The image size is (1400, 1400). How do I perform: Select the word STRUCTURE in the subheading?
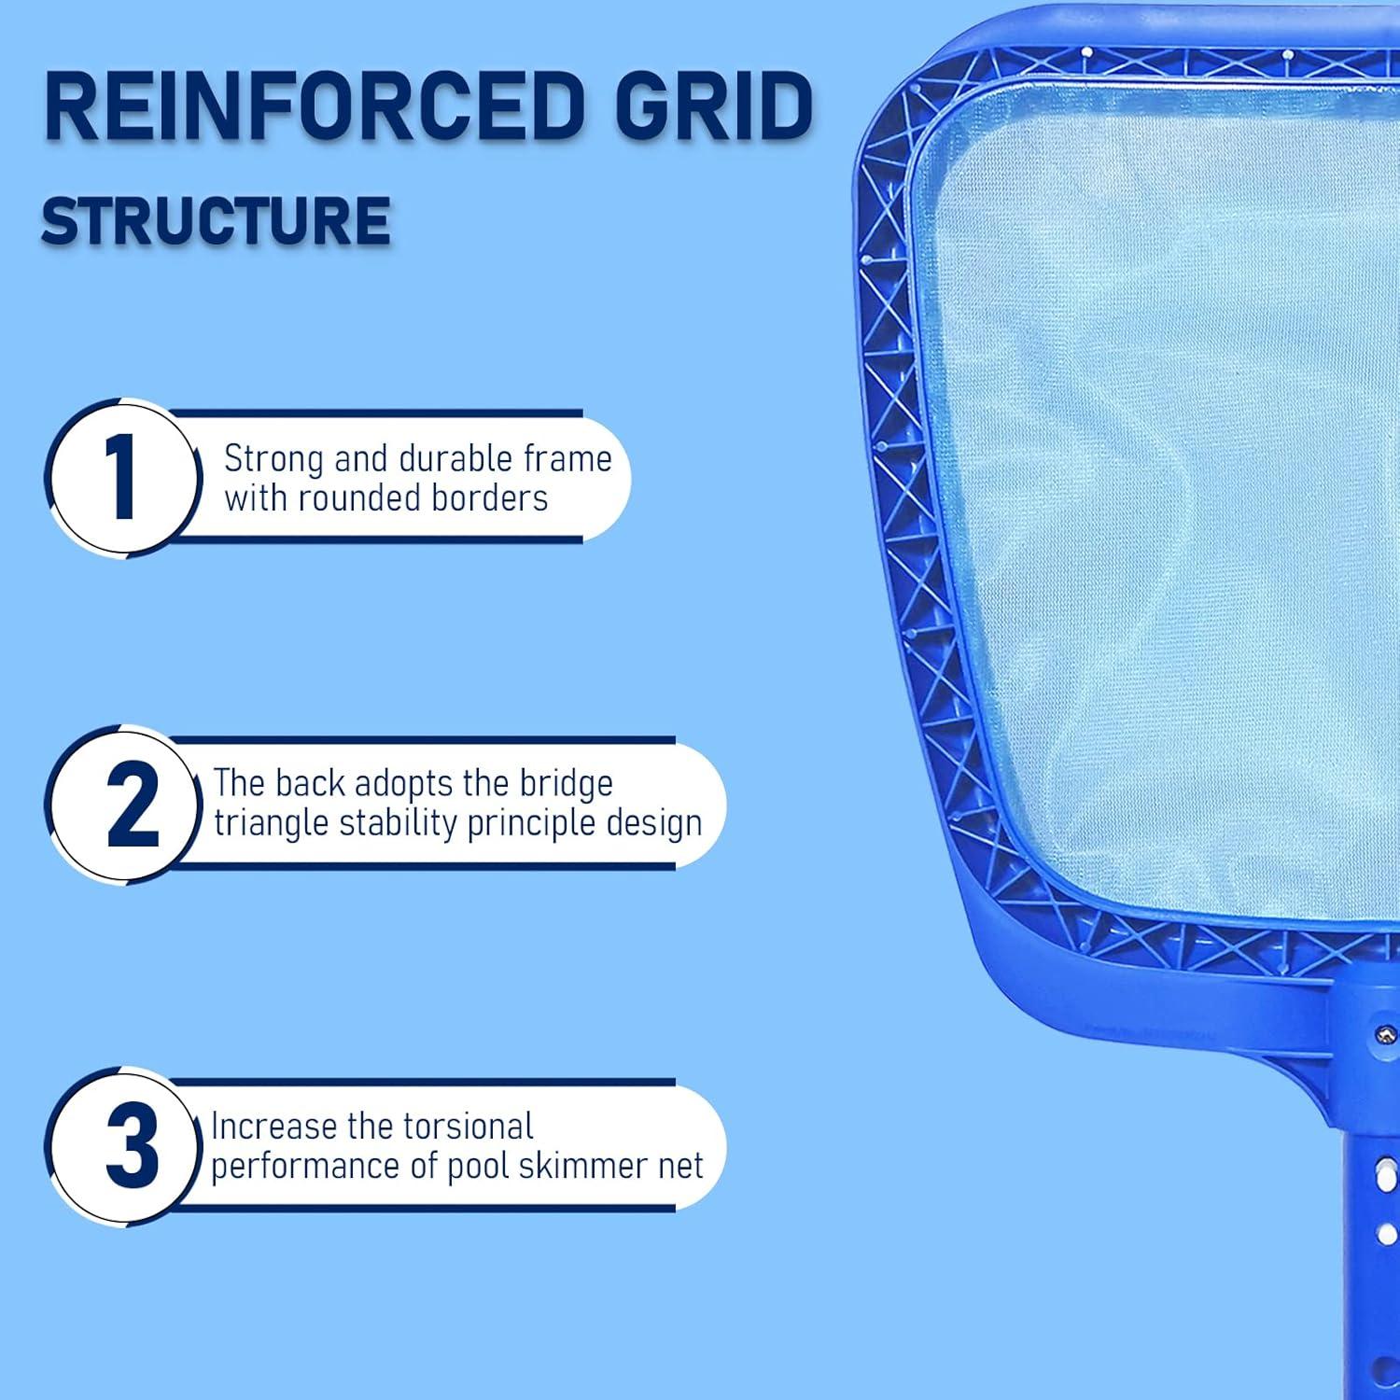tap(216, 221)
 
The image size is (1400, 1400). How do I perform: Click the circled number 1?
tap(122, 477)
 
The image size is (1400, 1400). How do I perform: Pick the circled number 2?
tap(132, 805)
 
